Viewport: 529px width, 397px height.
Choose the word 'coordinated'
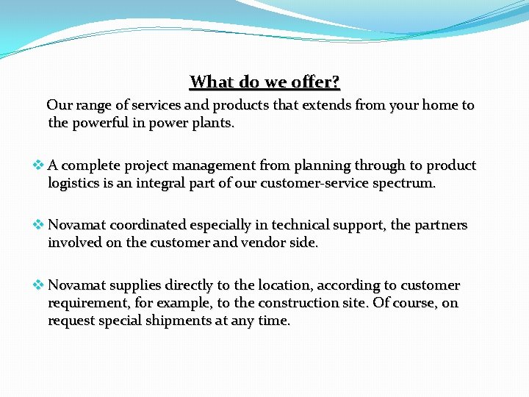tap(149, 225)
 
